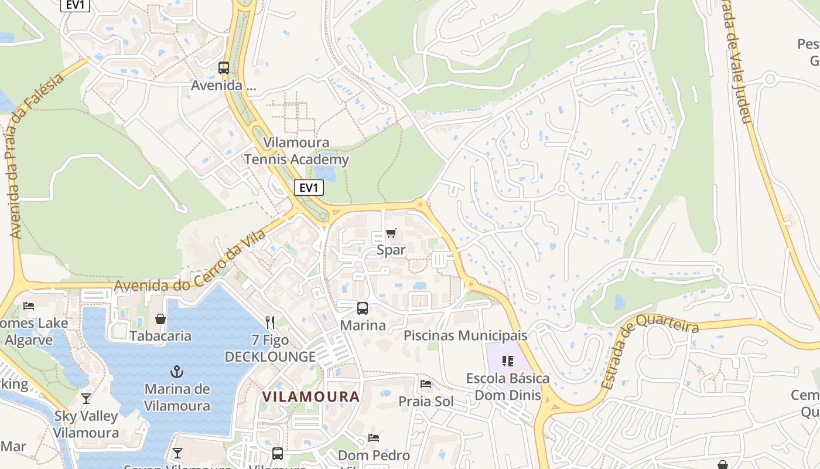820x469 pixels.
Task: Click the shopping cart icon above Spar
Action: (391, 233)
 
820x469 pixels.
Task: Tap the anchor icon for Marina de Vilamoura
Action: (176, 371)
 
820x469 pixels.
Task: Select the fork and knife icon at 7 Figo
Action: (270, 322)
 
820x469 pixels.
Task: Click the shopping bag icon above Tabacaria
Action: (160, 319)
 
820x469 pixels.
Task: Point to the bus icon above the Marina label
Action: (363, 308)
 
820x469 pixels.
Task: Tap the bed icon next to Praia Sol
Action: (426, 384)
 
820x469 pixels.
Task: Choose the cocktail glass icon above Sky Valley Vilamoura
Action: (86, 399)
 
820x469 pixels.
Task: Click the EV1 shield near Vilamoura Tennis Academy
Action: (308, 188)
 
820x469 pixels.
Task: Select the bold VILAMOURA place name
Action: (310, 397)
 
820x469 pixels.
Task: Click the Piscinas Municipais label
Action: (466, 336)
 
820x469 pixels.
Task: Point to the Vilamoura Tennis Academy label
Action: (296, 151)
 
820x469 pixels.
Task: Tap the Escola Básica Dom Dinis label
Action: (508, 387)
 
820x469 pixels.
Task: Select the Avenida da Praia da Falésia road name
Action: (36, 157)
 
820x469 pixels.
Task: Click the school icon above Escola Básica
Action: (508, 361)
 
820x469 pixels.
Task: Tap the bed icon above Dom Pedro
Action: (374, 438)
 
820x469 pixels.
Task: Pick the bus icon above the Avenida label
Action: (224, 68)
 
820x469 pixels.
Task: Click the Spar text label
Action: (391, 250)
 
